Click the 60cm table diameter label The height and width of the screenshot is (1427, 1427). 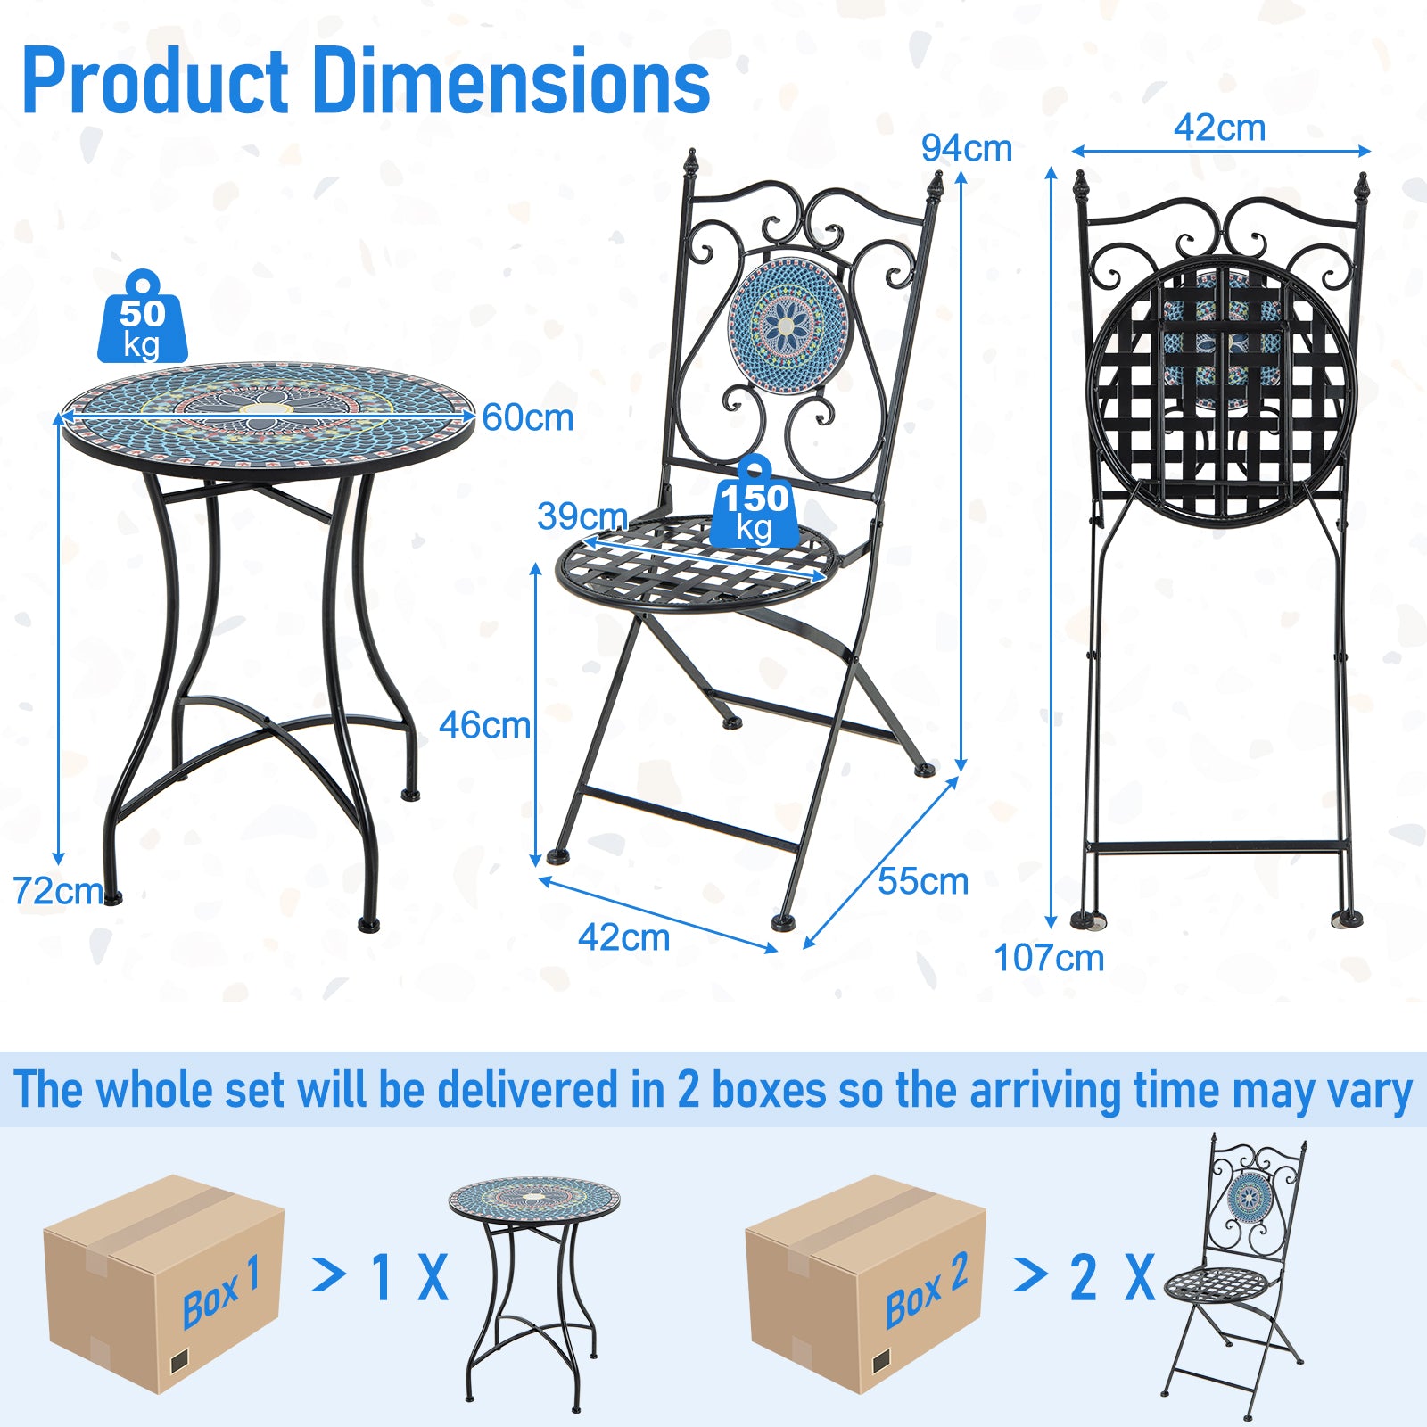pyautogui.click(x=528, y=417)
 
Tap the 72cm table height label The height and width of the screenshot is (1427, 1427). pyautogui.click(x=57, y=890)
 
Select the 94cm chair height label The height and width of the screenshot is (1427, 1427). pyautogui.click(x=967, y=148)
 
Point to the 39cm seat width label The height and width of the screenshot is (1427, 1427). pyautogui.click(x=582, y=516)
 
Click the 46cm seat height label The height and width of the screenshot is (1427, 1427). pyautogui.click(x=484, y=725)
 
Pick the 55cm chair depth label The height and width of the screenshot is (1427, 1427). pyautogui.click(x=923, y=881)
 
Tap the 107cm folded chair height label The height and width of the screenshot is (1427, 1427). pyautogui.click(x=1049, y=958)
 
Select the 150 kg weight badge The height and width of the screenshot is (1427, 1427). pyautogui.click(x=755, y=505)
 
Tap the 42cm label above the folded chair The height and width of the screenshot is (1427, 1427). pyautogui.click(x=1219, y=128)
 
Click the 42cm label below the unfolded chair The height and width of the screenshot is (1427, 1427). pyautogui.click(x=623, y=937)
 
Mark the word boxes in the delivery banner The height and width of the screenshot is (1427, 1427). pyautogui.click(x=769, y=1090)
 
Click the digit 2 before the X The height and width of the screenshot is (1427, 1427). pyautogui.click(x=1084, y=1277)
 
